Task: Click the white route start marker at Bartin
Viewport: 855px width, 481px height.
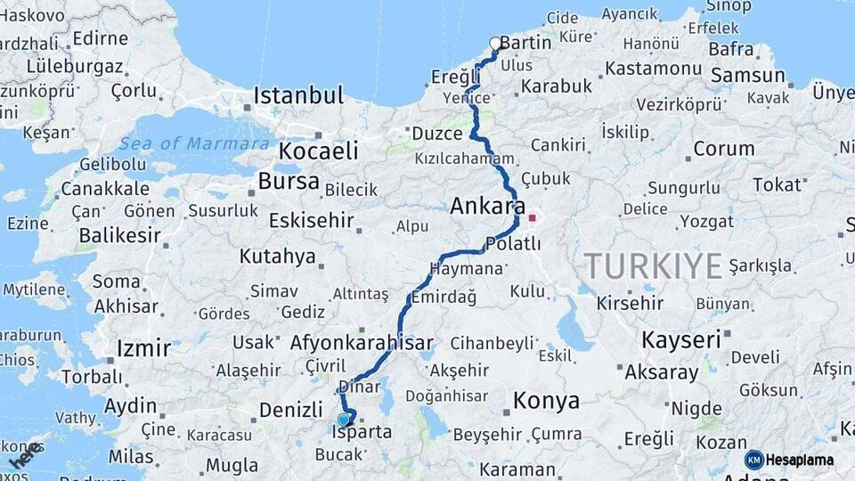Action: (495, 43)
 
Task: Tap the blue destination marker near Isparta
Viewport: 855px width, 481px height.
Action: (344, 420)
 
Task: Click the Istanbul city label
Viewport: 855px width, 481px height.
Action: (298, 95)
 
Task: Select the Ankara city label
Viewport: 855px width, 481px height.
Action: (487, 207)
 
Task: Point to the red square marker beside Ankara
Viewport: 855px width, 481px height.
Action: (533, 217)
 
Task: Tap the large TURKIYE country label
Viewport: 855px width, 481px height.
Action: (652, 265)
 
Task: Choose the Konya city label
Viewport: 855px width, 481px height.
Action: (546, 402)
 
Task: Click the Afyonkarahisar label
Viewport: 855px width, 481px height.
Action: (362, 342)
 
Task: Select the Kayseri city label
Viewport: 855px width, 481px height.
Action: (681, 339)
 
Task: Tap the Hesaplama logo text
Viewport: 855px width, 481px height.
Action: (800, 460)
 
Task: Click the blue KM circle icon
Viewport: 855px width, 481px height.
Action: (753, 460)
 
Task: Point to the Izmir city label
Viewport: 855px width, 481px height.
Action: (143, 347)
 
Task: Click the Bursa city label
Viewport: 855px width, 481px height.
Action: (288, 181)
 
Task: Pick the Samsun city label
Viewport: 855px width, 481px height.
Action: (747, 76)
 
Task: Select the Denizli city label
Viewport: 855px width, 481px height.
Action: (290, 410)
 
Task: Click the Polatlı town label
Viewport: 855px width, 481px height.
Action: (513, 244)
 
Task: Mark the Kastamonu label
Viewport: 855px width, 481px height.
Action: (653, 68)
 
